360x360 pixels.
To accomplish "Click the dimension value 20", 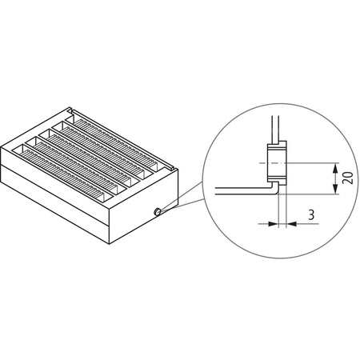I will coord(346,178).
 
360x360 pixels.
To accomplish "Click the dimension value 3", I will coord(310,214).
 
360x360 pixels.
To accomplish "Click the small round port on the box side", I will coord(157,210).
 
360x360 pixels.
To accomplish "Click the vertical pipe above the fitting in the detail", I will coord(274,128).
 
